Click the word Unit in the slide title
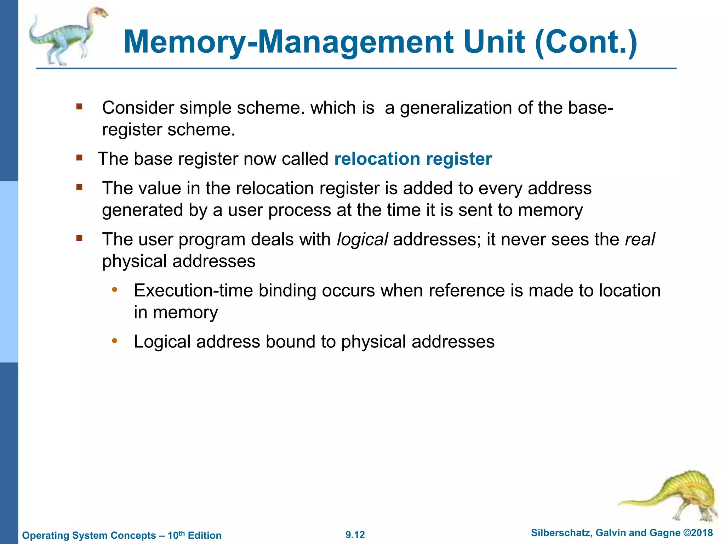(494, 42)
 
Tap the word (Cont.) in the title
(586, 42)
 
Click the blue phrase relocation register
(413, 159)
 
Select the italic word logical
(362, 239)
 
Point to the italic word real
(640, 239)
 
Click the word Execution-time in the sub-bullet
(193, 291)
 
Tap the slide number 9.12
(355, 535)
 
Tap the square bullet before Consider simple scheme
(79, 106)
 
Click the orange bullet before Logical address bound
(114, 341)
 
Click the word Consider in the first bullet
(138, 108)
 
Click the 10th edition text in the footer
(194, 535)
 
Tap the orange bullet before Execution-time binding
(114, 290)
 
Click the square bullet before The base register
(79, 158)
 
